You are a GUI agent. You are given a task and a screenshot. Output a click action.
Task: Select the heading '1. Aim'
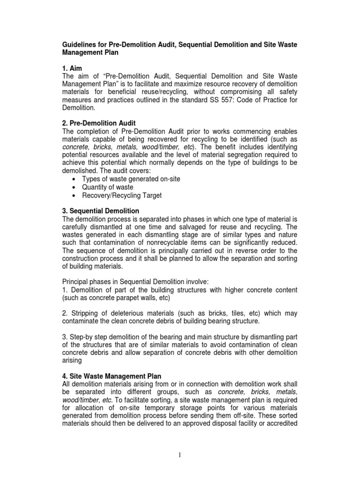[72, 68]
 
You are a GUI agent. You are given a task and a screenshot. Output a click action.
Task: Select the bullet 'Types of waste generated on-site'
[131, 179]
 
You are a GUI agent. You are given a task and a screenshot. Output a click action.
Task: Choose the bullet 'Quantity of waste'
[107, 187]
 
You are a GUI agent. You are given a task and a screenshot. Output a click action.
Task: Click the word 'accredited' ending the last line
[280, 423]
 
